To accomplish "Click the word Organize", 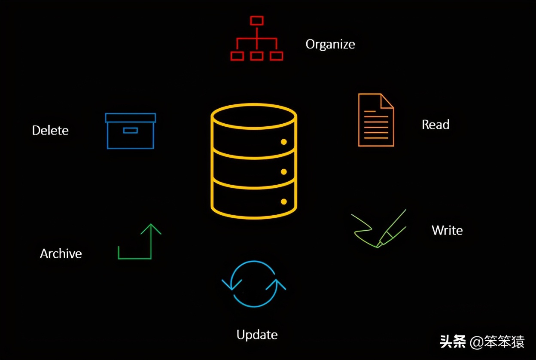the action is point(330,44).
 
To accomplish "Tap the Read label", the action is point(435,125).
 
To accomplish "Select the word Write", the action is point(447,230).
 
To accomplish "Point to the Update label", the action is point(257,335).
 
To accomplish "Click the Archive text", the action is point(61,253).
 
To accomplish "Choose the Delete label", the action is point(50,130).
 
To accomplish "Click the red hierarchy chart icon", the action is point(256,38).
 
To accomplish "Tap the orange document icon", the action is point(376,120).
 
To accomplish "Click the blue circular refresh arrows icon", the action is point(254,284).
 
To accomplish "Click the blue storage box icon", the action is point(130,131).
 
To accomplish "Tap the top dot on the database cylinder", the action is point(283,142).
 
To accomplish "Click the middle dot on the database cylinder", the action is point(283,172).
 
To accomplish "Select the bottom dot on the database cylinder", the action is point(283,201).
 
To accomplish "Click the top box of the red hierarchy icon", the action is point(256,21).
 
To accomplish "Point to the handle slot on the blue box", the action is point(130,130).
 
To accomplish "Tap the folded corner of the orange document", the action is point(387,101).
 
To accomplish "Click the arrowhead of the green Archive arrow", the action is point(151,228).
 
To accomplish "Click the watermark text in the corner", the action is point(482,342).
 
